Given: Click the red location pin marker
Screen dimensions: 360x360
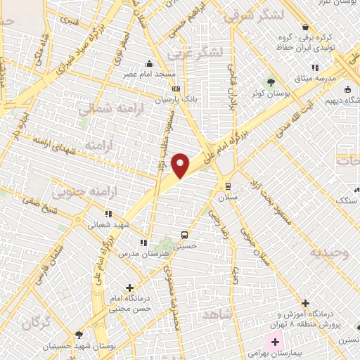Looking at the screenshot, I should [x=181, y=165].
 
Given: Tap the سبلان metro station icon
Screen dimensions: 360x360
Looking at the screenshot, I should [x=227, y=186].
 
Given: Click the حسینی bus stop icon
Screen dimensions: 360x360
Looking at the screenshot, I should [x=184, y=235].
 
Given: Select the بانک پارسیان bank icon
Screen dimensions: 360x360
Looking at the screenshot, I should [x=176, y=89].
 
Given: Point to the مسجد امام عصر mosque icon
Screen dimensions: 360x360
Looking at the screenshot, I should [x=149, y=63].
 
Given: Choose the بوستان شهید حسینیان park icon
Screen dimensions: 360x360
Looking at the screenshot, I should [x=78, y=335].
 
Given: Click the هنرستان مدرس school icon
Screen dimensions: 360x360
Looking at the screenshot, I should [x=143, y=243].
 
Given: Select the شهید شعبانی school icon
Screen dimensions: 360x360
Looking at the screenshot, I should [x=108, y=213].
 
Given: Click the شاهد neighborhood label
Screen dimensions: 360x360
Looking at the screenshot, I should [x=217, y=314].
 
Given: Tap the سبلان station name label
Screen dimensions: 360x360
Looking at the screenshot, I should [x=227, y=198].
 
